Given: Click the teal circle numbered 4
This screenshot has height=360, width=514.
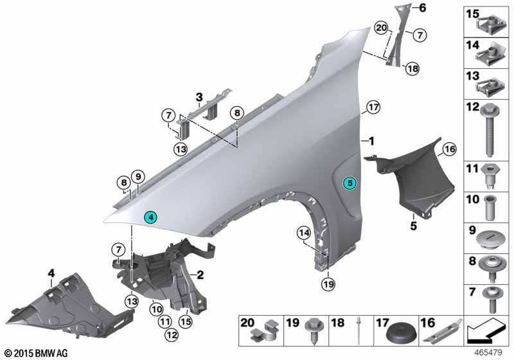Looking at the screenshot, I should pyautogui.click(x=150, y=217).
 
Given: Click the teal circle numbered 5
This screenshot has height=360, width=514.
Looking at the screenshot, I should pyautogui.click(x=350, y=183).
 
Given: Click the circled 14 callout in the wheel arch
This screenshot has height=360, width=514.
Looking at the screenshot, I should pyautogui.click(x=303, y=232).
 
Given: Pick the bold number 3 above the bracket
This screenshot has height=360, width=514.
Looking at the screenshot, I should pyautogui.click(x=199, y=98).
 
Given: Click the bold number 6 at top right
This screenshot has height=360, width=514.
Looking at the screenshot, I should pyautogui.click(x=423, y=8).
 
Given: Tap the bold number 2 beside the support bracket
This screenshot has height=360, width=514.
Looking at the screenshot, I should pyautogui.click(x=200, y=275).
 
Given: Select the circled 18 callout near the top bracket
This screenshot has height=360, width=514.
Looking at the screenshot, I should pyautogui.click(x=411, y=69).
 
